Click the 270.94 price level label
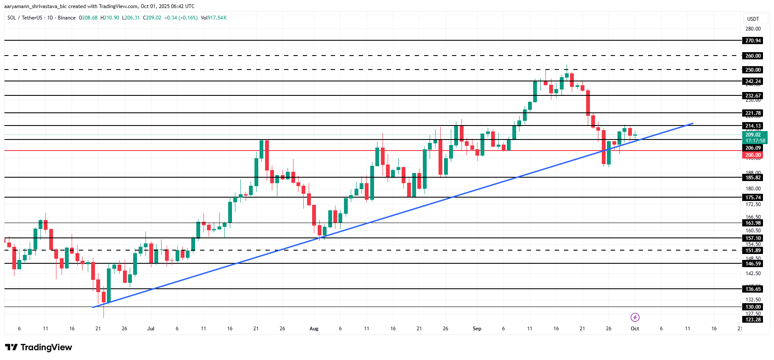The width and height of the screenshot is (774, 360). pos(753,41)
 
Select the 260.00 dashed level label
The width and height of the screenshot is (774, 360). pos(753,56)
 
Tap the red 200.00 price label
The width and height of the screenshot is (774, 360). pos(753,155)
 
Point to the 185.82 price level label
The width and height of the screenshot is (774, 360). pos(753,178)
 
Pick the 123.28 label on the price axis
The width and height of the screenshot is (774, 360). pos(753,320)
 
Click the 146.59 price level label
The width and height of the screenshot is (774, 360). pos(753,264)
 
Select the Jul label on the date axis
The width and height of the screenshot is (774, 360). pos(151,329)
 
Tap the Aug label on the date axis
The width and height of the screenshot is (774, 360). pos(314,329)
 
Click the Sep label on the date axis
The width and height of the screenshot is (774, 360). pos(477,329)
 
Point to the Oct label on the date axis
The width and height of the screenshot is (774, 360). pos(635,329)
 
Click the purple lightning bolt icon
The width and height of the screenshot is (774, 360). pos(635,317)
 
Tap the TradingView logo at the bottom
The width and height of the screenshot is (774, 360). pos(39,347)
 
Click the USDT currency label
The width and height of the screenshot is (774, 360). pos(753,19)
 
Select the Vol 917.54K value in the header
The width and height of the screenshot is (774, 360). pos(214,18)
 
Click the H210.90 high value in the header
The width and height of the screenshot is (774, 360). pos(110,18)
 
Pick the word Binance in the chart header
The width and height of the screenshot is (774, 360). pos(67,18)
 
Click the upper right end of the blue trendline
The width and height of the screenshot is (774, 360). pos(693,123)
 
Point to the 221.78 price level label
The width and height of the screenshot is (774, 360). pos(753,113)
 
